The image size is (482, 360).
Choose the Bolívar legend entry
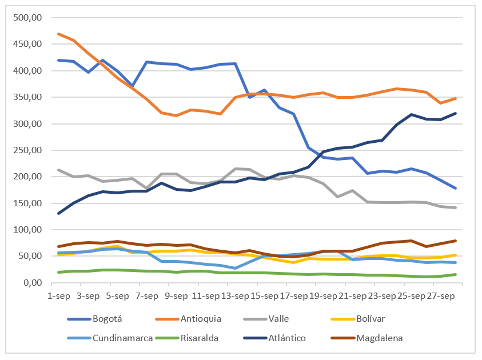coord(372,318)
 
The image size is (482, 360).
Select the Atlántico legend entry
coord(287,338)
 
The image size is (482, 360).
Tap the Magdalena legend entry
coord(380,338)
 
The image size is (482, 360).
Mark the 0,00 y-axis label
coord(33,283)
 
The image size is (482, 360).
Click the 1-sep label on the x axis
coord(58,296)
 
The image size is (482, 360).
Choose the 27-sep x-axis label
coord(441,296)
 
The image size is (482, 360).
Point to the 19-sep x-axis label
coord(323,296)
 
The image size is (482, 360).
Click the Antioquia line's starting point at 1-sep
coord(58,34)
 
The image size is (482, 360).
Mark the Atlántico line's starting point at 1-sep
coord(58,213)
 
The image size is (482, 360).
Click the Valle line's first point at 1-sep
coord(58,170)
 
